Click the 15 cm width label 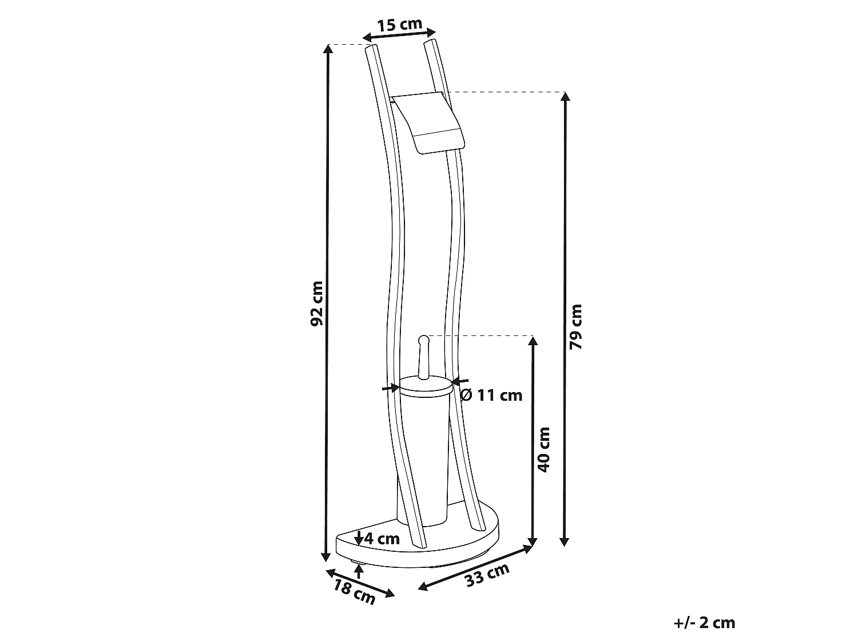399,24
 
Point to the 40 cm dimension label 544,450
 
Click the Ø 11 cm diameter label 491,396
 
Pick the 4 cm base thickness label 382,539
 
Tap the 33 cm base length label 487,575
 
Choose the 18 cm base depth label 354,592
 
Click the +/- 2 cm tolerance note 704,623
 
